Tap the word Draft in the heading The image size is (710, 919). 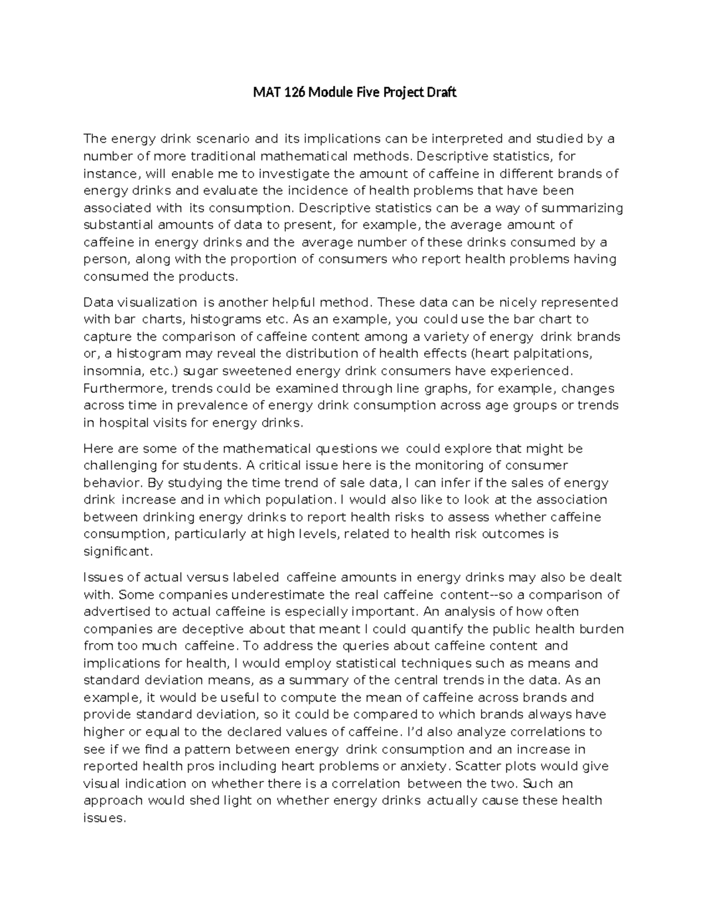440,93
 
